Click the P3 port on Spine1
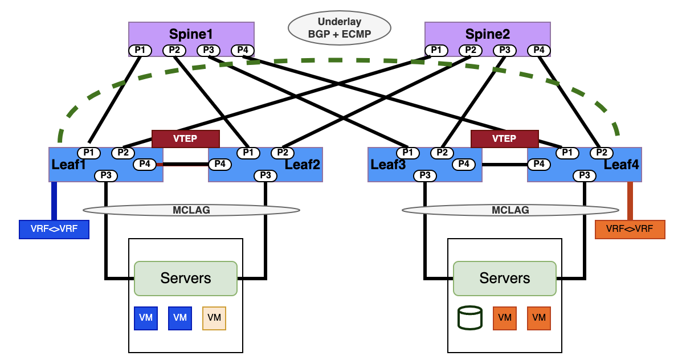click(x=209, y=50)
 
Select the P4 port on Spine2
click(x=539, y=50)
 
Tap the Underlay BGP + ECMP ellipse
click(x=339, y=28)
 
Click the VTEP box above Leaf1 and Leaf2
click(x=185, y=138)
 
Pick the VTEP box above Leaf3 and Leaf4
click(x=504, y=138)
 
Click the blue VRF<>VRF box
click(x=54, y=229)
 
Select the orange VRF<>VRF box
click(x=630, y=229)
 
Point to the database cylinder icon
click(x=470, y=318)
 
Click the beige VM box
click(x=214, y=318)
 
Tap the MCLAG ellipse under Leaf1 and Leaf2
click(x=191, y=210)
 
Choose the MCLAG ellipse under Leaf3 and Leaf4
click(x=510, y=210)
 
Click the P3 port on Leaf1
click(x=106, y=175)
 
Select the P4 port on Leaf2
click(x=220, y=165)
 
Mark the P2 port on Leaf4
click(x=601, y=153)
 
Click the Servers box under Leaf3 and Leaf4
click(x=504, y=278)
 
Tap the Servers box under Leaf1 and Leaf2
click(x=185, y=278)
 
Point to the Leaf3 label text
click(x=388, y=165)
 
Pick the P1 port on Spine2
click(x=436, y=50)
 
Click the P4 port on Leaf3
click(x=464, y=165)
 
